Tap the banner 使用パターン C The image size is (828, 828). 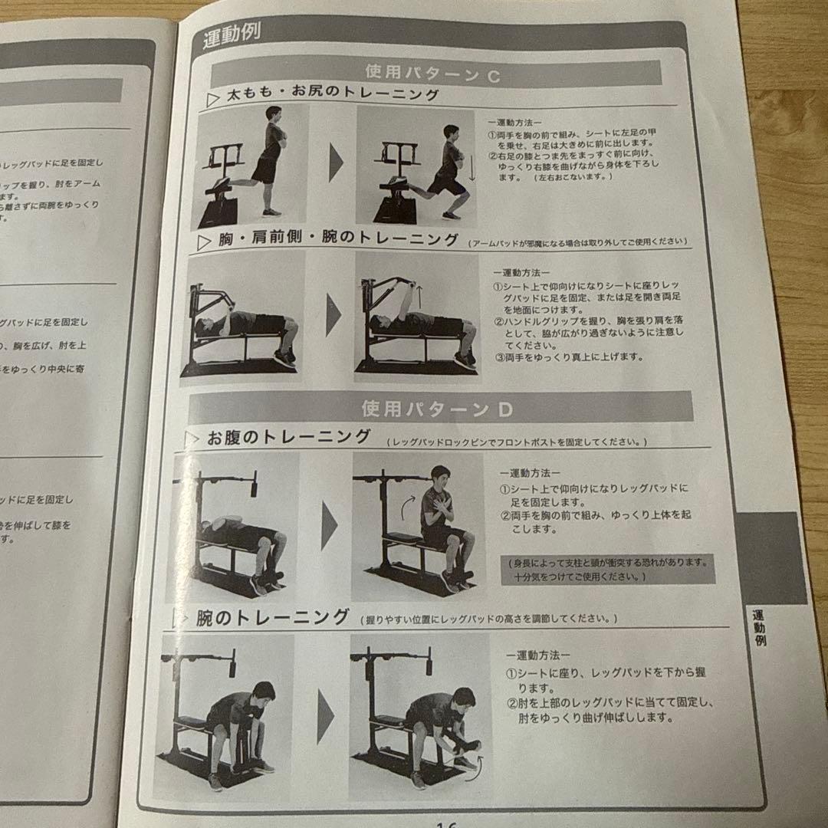[433, 74]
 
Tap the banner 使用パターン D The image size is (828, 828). [437, 409]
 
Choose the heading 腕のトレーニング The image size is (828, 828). [272, 617]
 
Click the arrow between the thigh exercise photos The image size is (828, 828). [335, 163]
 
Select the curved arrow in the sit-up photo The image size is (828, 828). [406, 506]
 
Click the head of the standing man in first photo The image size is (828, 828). [274, 114]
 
